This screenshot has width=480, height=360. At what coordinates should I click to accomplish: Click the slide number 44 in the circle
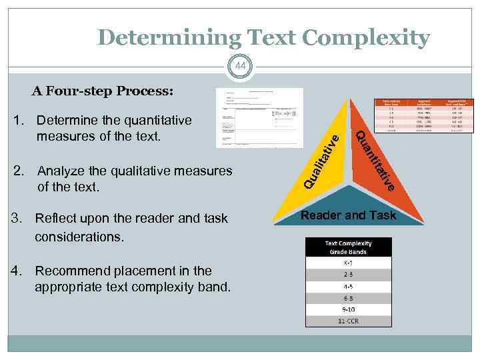point(240,66)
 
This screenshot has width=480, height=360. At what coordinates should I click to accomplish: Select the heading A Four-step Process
point(101,91)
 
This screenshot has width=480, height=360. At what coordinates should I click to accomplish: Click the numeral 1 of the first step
point(19,121)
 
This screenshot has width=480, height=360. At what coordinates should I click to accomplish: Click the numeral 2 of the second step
point(19,171)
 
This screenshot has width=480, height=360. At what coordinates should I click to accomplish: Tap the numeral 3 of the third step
point(19,219)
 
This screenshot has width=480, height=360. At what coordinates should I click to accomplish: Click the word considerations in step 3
point(79,237)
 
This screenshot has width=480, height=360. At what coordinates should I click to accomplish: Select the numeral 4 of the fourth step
point(19,271)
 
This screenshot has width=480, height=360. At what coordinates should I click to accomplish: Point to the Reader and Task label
point(349,215)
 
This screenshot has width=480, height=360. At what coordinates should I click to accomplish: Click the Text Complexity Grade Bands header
point(349,247)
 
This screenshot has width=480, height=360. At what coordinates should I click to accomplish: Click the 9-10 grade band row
point(349,310)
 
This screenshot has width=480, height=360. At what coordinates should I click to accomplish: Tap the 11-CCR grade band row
point(349,321)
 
